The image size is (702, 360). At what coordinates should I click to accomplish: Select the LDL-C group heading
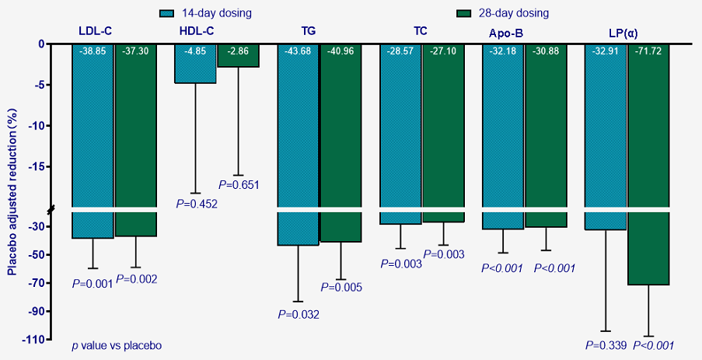pos(95,31)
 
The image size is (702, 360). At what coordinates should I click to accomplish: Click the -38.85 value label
pos(93,51)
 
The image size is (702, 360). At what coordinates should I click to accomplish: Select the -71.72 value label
pos(649,51)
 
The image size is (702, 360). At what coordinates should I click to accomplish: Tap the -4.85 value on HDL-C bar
pos(195,51)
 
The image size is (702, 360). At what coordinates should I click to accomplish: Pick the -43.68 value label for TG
pos(299,51)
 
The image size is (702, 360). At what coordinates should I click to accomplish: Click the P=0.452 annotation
pos(197,204)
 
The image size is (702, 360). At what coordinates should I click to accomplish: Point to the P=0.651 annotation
pos(239,185)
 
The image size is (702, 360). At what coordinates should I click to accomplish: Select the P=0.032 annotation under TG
pos(299,314)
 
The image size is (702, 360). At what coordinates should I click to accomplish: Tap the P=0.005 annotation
pos(341,288)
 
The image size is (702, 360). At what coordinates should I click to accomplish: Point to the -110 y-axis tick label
pos(33,340)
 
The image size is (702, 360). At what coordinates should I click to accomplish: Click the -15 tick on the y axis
pos(36,167)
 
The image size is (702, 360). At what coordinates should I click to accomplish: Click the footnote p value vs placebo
pos(117,344)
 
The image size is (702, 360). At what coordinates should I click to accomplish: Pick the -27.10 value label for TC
pos(443,51)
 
